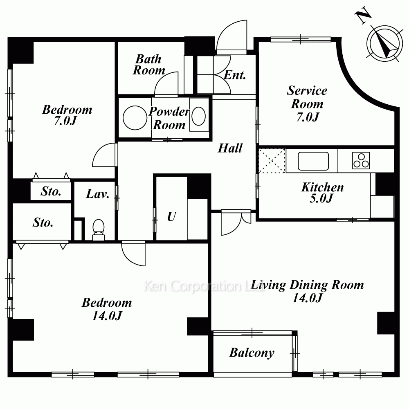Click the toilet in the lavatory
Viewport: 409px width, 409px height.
(99, 229)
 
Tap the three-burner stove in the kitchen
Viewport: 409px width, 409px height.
(361, 160)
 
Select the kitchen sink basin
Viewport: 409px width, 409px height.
(313, 161)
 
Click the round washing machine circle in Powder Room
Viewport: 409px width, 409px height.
(135, 118)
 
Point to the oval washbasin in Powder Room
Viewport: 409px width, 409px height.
(198, 116)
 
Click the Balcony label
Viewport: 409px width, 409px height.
(252, 353)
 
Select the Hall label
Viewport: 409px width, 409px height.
(230, 148)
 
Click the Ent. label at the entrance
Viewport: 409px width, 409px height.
(235, 75)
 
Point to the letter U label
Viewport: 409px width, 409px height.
(172, 216)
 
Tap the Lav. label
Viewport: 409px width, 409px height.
(98, 194)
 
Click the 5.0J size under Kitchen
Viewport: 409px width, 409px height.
(321, 198)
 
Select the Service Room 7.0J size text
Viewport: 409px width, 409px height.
(308, 117)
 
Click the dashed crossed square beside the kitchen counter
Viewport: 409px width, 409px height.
(272, 161)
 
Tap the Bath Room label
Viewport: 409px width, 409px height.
(149, 65)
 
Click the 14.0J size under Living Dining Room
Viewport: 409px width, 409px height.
(307, 298)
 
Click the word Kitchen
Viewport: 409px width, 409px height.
(322, 187)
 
